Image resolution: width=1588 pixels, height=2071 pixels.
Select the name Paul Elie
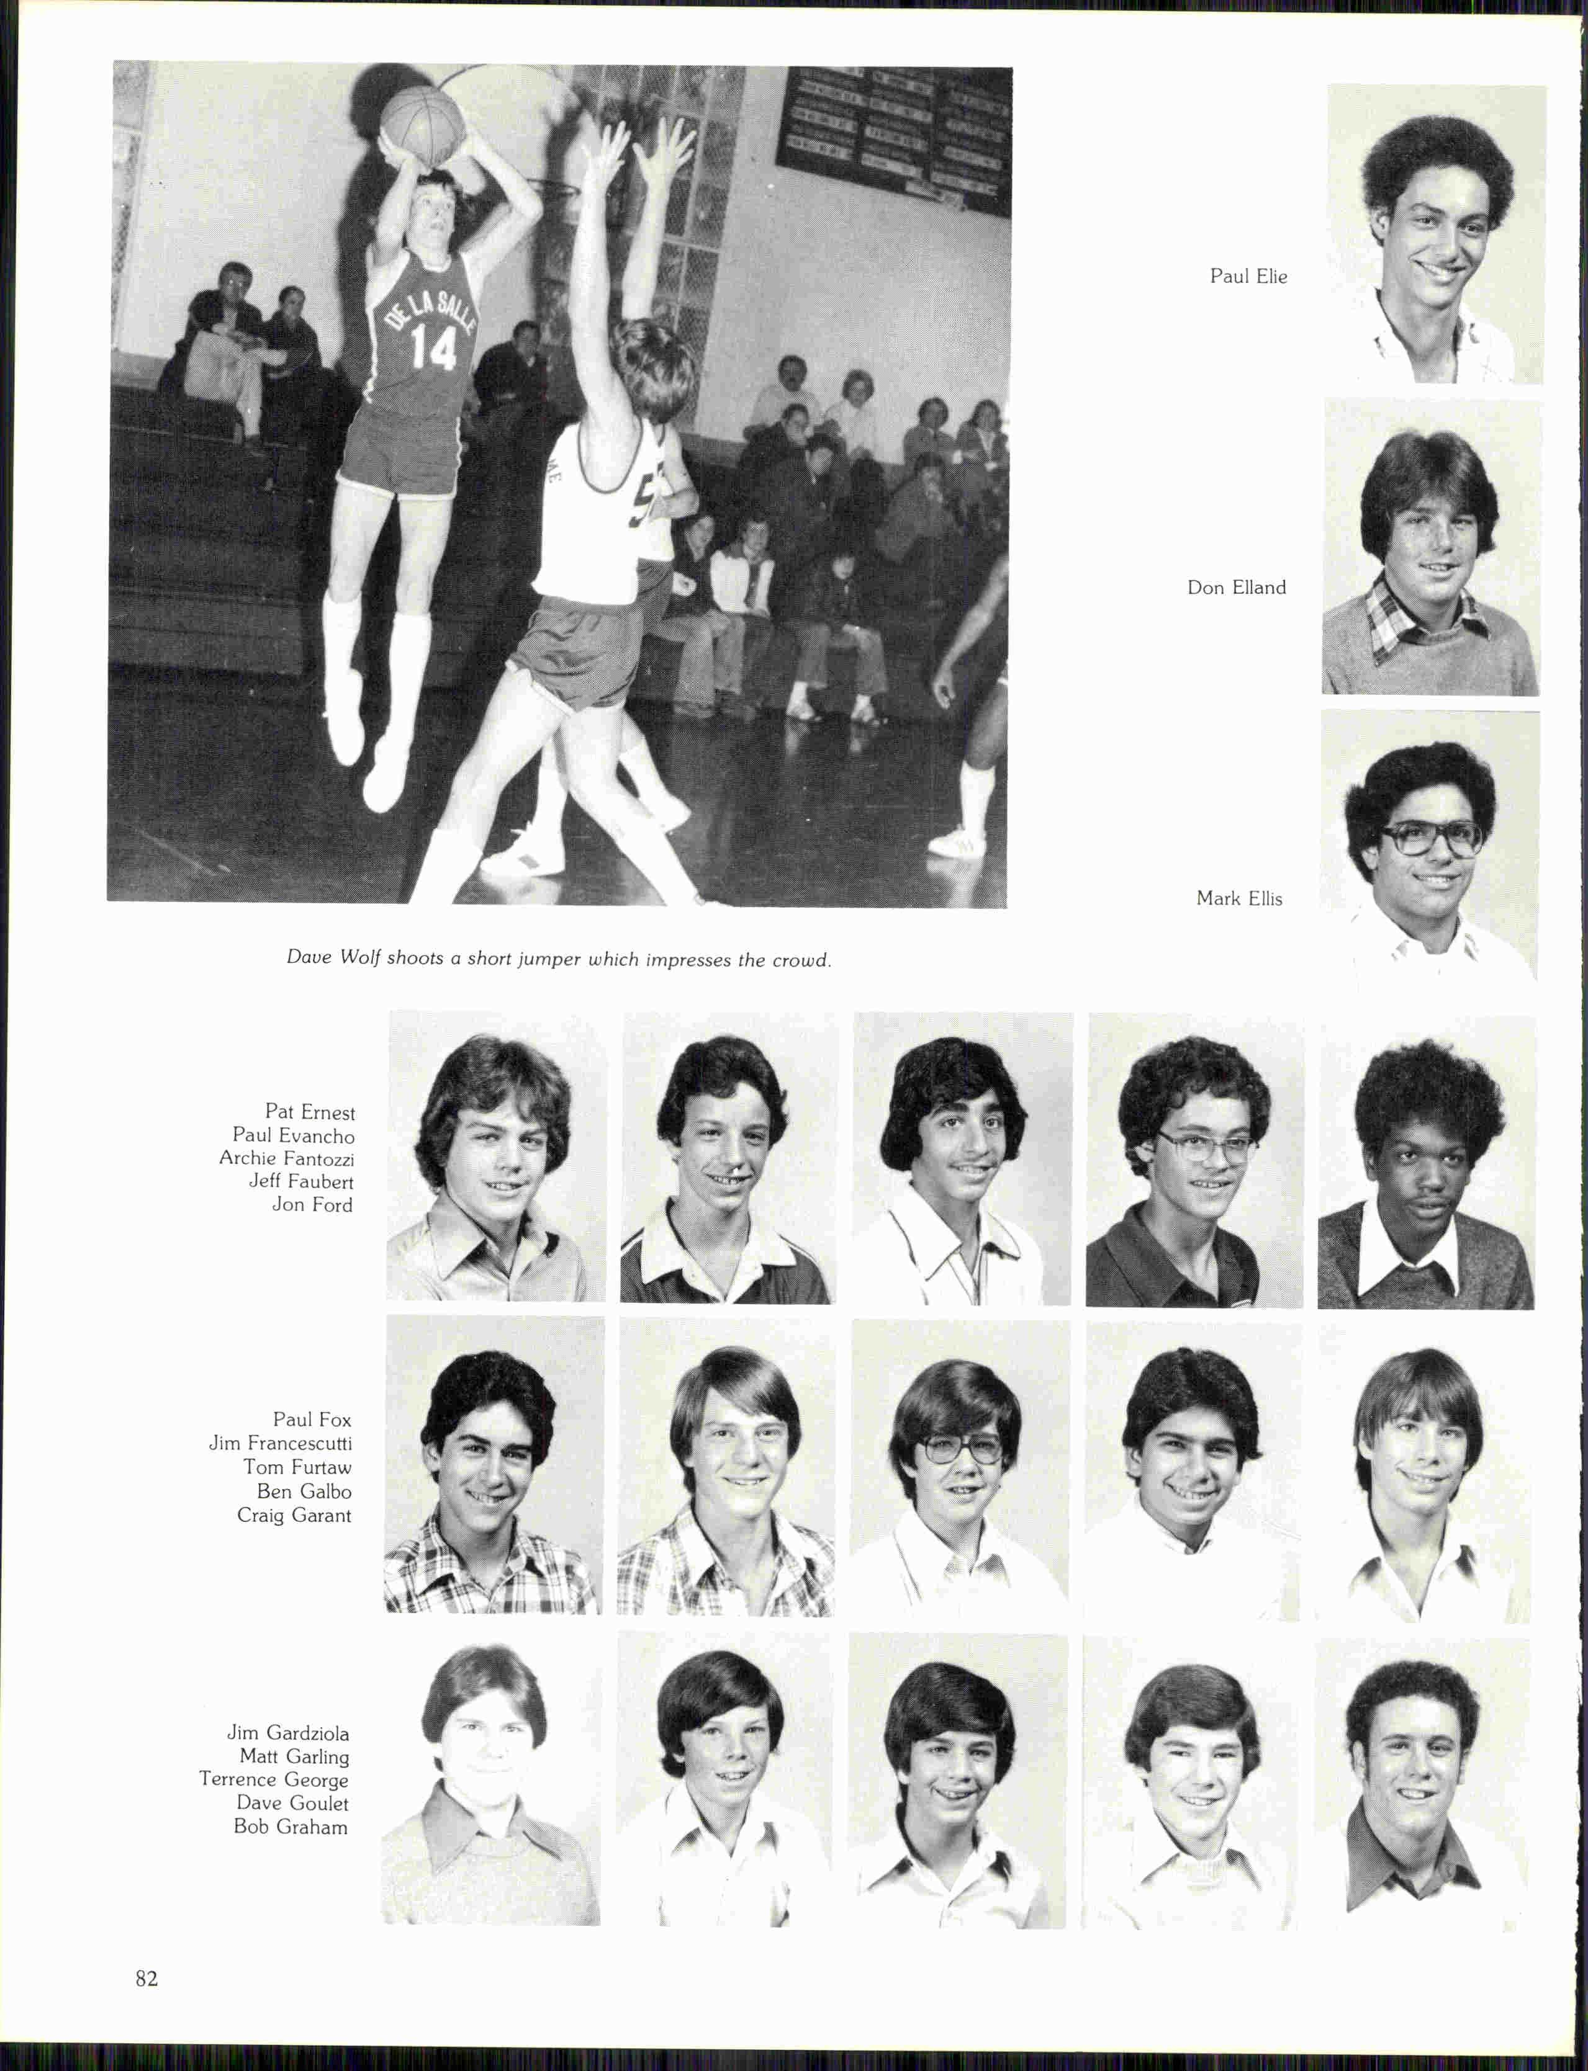[x=1248, y=276]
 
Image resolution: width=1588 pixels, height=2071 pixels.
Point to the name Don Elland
[x=1237, y=588]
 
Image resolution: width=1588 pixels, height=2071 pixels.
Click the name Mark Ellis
[x=1239, y=898]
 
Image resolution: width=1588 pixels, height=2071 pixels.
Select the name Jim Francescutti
[x=281, y=1444]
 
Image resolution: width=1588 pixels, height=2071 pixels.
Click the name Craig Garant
[x=294, y=1516]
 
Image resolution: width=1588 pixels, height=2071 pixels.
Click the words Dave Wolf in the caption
[x=333, y=957]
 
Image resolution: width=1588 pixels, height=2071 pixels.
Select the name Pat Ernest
[x=310, y=1112]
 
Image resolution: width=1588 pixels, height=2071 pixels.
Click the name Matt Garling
[x=294, y=1756]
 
